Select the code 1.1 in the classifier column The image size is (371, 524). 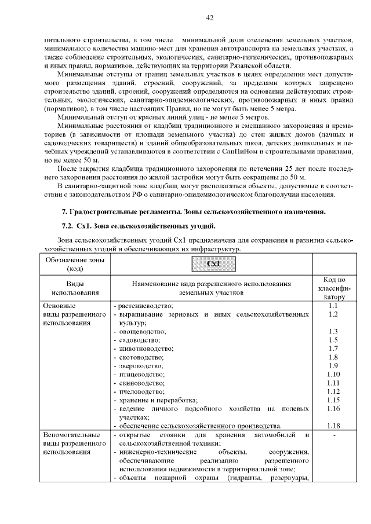333,305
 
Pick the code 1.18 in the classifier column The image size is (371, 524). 333,426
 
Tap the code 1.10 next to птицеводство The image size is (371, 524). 333,375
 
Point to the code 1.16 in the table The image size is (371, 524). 333,409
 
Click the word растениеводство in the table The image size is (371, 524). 146,305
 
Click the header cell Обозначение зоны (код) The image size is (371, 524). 75,264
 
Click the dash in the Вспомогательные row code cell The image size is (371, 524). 333,435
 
